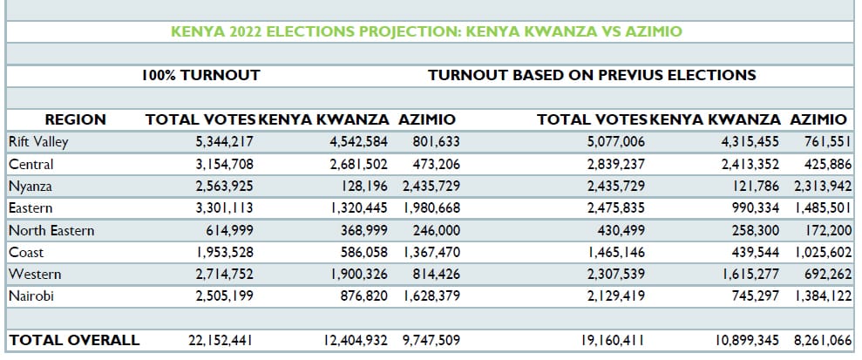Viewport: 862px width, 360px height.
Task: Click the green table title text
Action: (426, 32)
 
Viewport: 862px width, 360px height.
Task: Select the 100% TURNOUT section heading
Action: (200, 76)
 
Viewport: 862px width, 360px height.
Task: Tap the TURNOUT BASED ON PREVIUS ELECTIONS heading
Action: (592, 76)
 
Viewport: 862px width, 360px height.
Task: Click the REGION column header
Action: (75, 120)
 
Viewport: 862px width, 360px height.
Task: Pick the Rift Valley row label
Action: (38, 142)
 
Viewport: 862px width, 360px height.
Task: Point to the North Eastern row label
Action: (51, 231)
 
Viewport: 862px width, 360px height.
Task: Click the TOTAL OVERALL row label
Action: (73, 340)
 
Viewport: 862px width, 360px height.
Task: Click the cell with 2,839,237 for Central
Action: (615, 165)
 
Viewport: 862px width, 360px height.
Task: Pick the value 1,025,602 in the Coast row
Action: (821, 253)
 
